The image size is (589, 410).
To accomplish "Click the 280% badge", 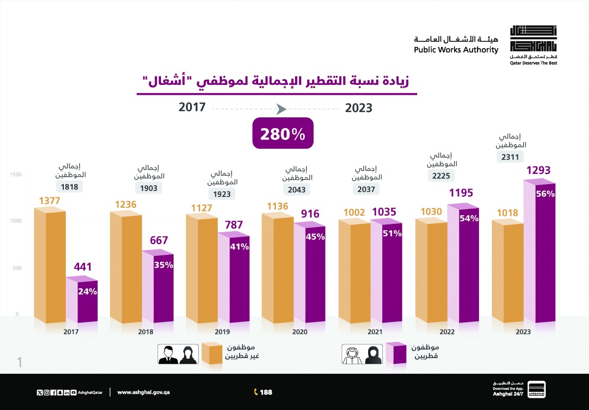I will pyautogui.click(x=283, y=134).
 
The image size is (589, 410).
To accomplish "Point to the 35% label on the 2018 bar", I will pyautogui.click(x=163, y=265).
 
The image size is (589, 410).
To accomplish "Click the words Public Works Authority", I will pyautogui.click(x=455, y=50).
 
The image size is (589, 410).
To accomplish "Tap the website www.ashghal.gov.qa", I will pyautogui.click(x=143, y=392).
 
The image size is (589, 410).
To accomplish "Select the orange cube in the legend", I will pyautogui.click(x=212, y=354).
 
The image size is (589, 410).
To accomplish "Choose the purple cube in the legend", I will pyautogui.click(x=396, y=354).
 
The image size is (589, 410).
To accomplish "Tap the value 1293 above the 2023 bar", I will pyautogui.click(x=541, y=171).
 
